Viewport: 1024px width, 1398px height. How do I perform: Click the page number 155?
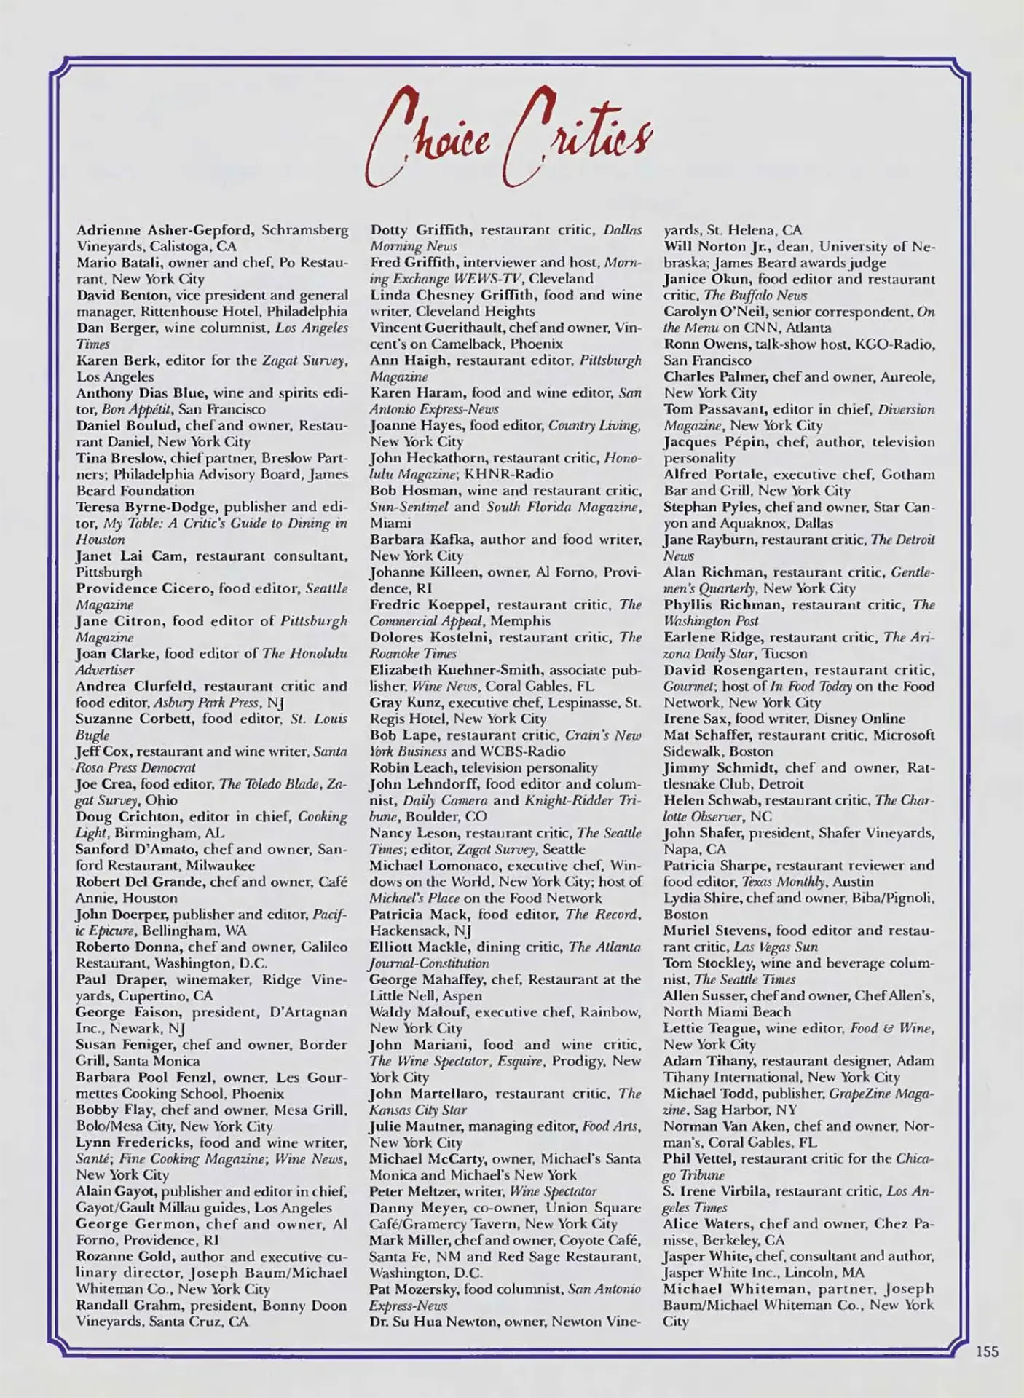tap(987, 1351)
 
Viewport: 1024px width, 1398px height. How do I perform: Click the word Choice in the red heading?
tap(428, 138)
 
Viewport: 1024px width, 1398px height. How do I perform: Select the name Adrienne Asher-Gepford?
tap(165, 230)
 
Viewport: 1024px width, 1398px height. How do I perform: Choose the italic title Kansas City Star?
tap(418, 1110)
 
